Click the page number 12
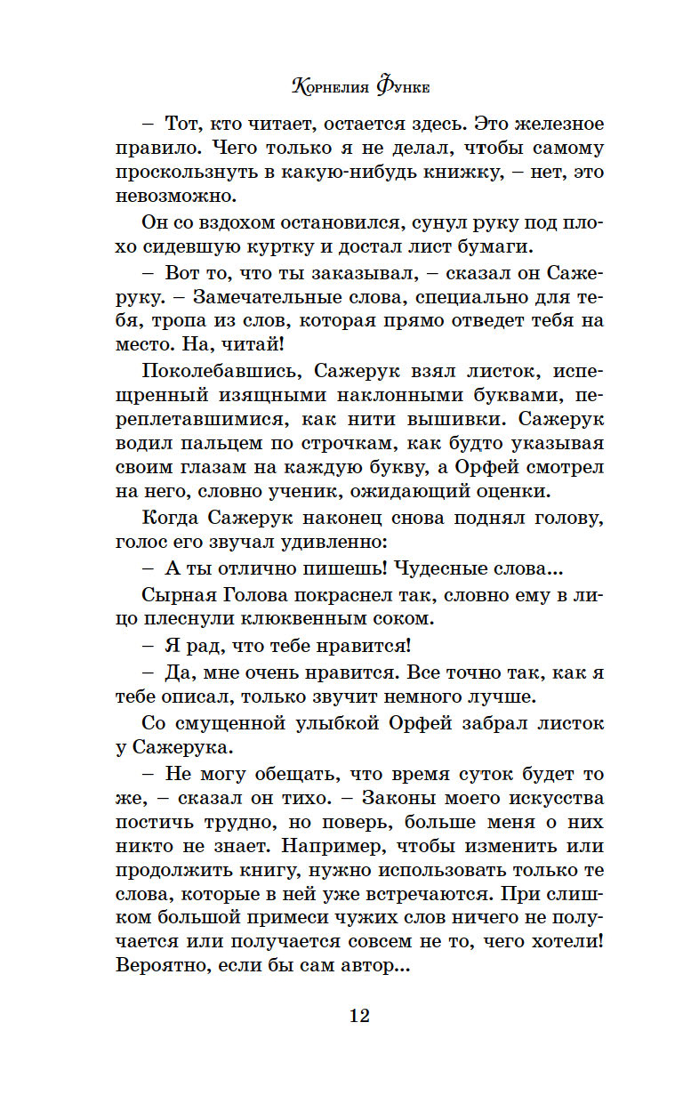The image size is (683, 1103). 359,1016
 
